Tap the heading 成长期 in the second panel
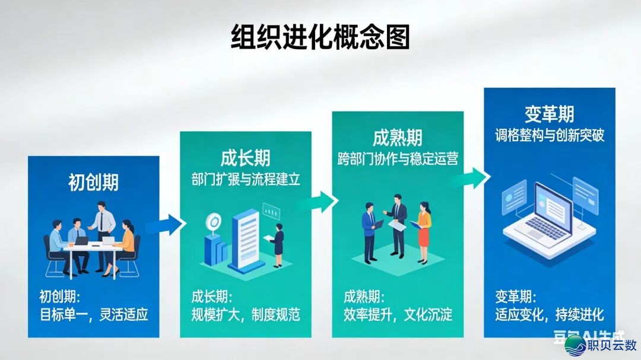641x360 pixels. [245, 158]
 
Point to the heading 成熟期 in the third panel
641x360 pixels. [398, 138]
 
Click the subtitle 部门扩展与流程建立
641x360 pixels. [245, 179]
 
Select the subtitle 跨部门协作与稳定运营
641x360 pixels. [398, 159]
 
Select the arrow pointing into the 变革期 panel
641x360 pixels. [474, 176]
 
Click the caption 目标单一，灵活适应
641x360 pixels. [93, 314]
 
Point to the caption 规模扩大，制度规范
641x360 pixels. [245, 314]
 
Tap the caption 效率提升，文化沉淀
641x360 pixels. [398, 314]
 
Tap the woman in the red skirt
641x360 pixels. [423, 231]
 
